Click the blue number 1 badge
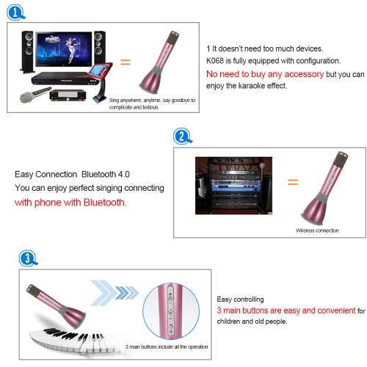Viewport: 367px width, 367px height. tap(15, 12)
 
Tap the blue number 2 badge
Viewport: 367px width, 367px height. tap(182, 136)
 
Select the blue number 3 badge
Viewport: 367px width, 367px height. tap(28, 258)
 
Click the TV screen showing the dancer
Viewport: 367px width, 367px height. tap(64, 49)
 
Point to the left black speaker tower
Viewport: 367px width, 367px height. tap(27, 52)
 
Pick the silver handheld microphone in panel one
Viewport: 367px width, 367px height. tap(34, 95)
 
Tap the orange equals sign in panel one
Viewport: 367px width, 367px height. tap(126, 62)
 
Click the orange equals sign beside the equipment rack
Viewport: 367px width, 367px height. tap(293, 182)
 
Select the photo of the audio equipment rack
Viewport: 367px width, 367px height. tap(233, 186)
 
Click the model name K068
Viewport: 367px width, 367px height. tap(215, 61)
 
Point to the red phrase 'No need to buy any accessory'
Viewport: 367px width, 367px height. tap(265, 74)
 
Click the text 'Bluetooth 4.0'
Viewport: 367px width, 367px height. tap(106, 174)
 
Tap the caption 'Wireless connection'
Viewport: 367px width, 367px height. tap(317, 230)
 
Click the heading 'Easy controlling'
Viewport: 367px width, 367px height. tap(240, 299)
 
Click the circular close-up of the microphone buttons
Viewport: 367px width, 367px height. tap(171, 311)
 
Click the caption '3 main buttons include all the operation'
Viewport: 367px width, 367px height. tap(167, 346)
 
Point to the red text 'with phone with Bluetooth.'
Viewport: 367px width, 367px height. tap(70, 203)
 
